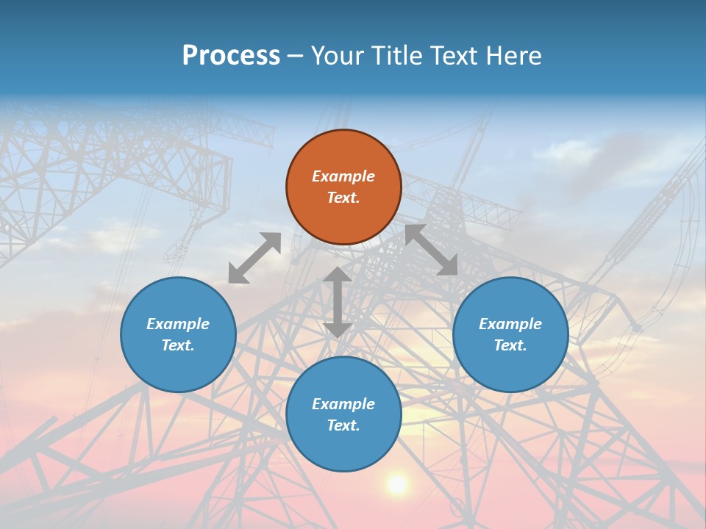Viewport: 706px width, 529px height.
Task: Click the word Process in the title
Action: [231, 56]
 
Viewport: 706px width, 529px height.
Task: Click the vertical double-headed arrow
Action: [338, 302]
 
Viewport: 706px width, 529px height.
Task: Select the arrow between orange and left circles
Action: [254, 258]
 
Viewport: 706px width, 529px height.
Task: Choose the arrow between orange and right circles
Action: [431, 250]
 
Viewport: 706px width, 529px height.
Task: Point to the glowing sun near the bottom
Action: [397, 484]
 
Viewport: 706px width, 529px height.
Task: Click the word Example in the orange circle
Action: [343, 176]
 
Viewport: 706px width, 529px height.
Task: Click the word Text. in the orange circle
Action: [343, 198]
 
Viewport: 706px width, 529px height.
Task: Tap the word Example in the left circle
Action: [178, 324]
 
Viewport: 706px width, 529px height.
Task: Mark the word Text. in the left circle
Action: [178, 345]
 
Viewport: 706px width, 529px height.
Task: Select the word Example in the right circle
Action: [510, 324]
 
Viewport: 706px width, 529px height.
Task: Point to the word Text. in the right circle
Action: [510, 345]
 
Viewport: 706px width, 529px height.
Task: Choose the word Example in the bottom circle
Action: [343, 404]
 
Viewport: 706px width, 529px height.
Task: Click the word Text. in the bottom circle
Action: [343, 425]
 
